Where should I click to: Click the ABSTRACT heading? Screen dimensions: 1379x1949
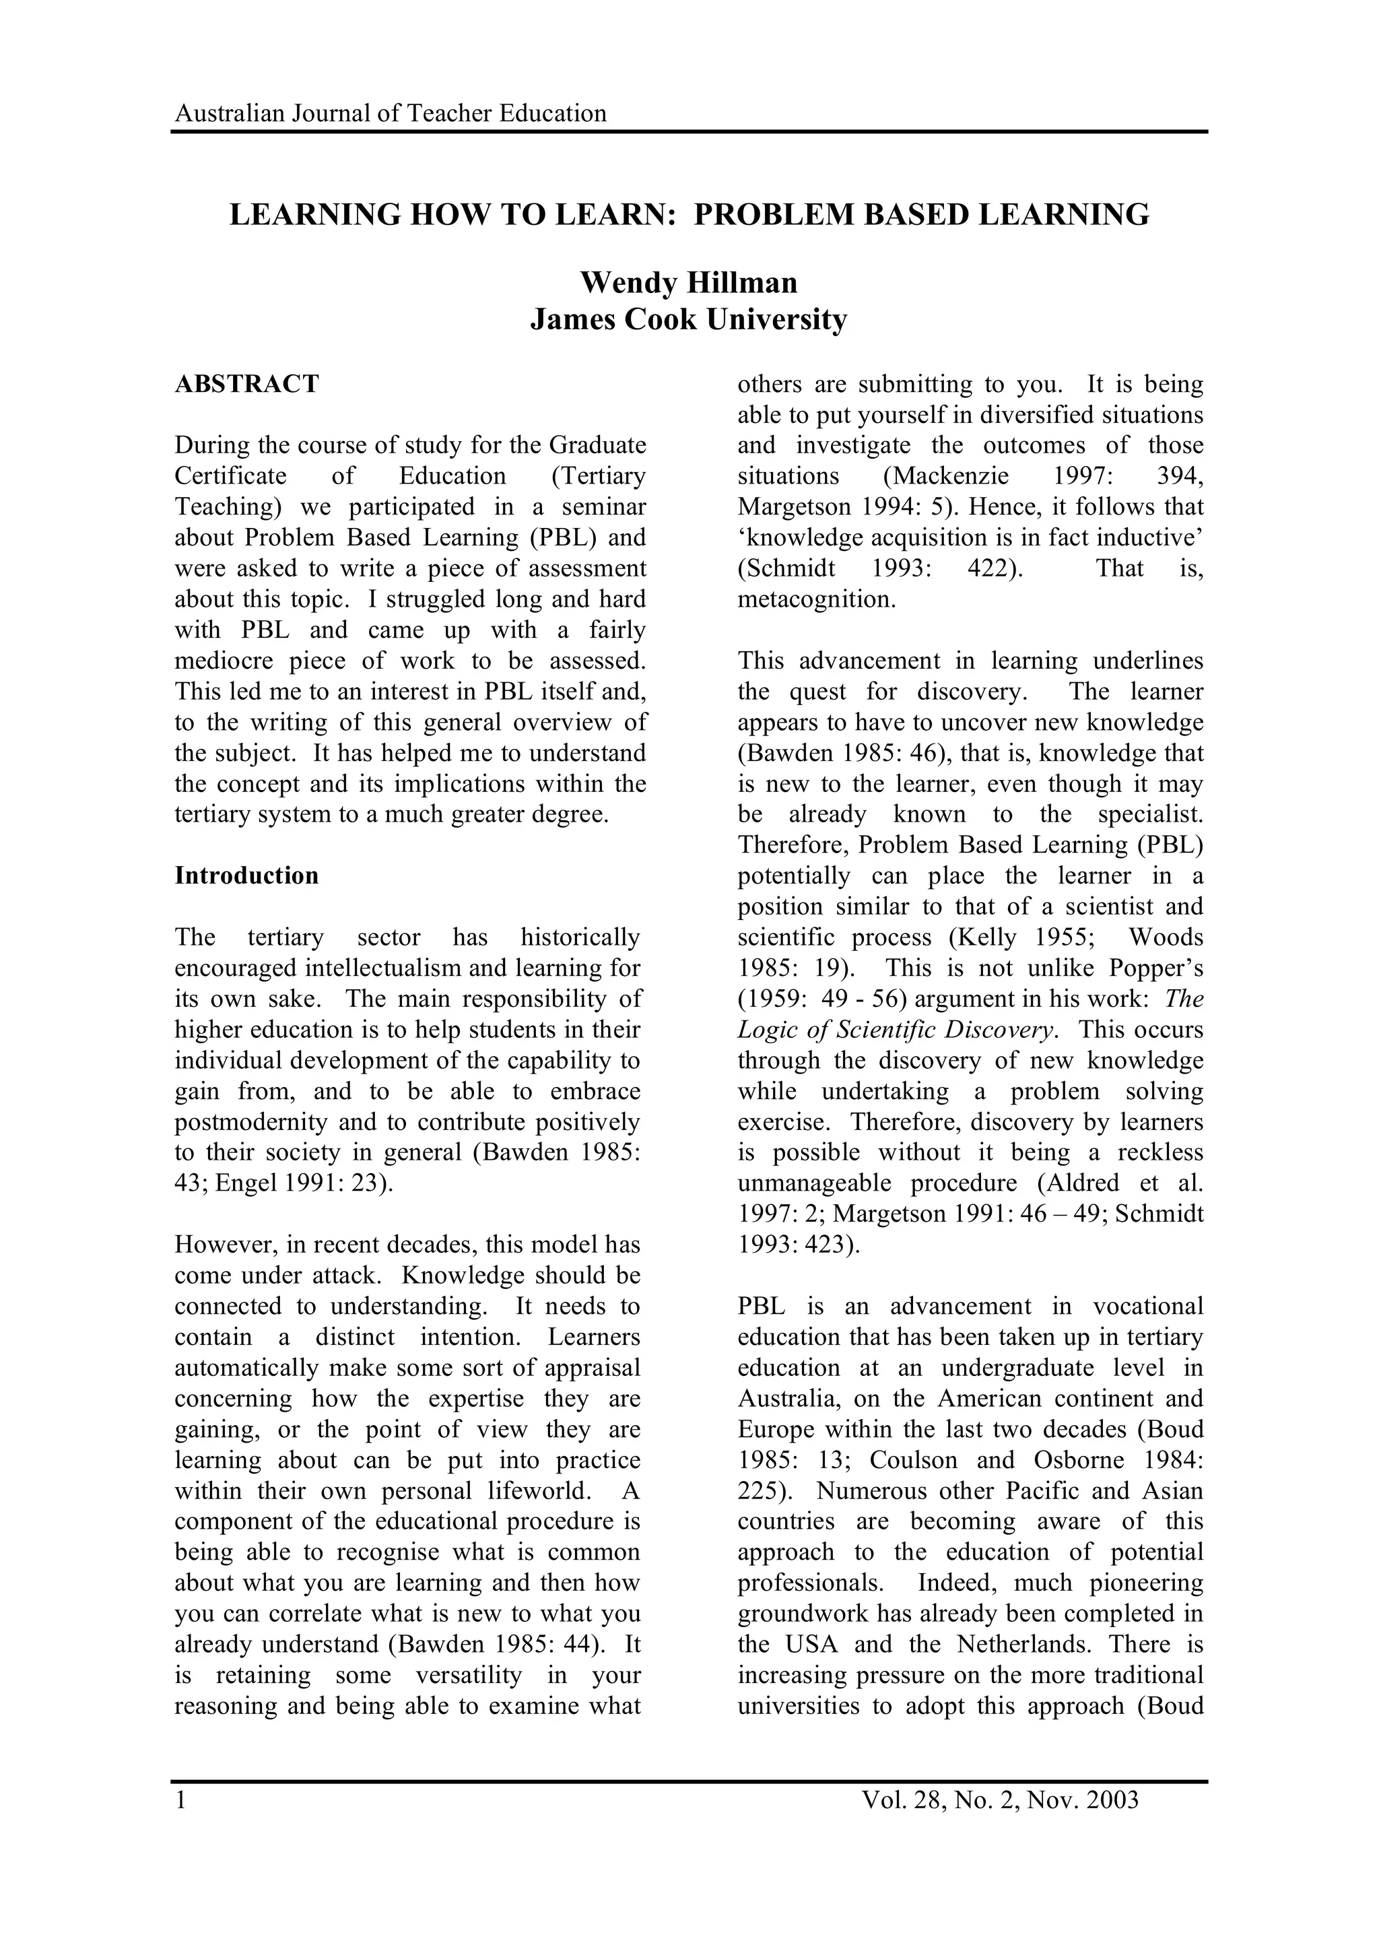click(246, 385)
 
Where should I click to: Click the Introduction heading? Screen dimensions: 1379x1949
click(246, 876)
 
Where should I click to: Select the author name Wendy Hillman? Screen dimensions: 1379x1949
click(689, 283)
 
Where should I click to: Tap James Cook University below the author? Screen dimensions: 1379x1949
click(689, 320)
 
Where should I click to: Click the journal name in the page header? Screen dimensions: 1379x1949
click(391, 114)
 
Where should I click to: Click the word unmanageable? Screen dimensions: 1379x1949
click(814, 1183)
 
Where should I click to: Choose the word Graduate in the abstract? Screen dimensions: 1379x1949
click(598, 446)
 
